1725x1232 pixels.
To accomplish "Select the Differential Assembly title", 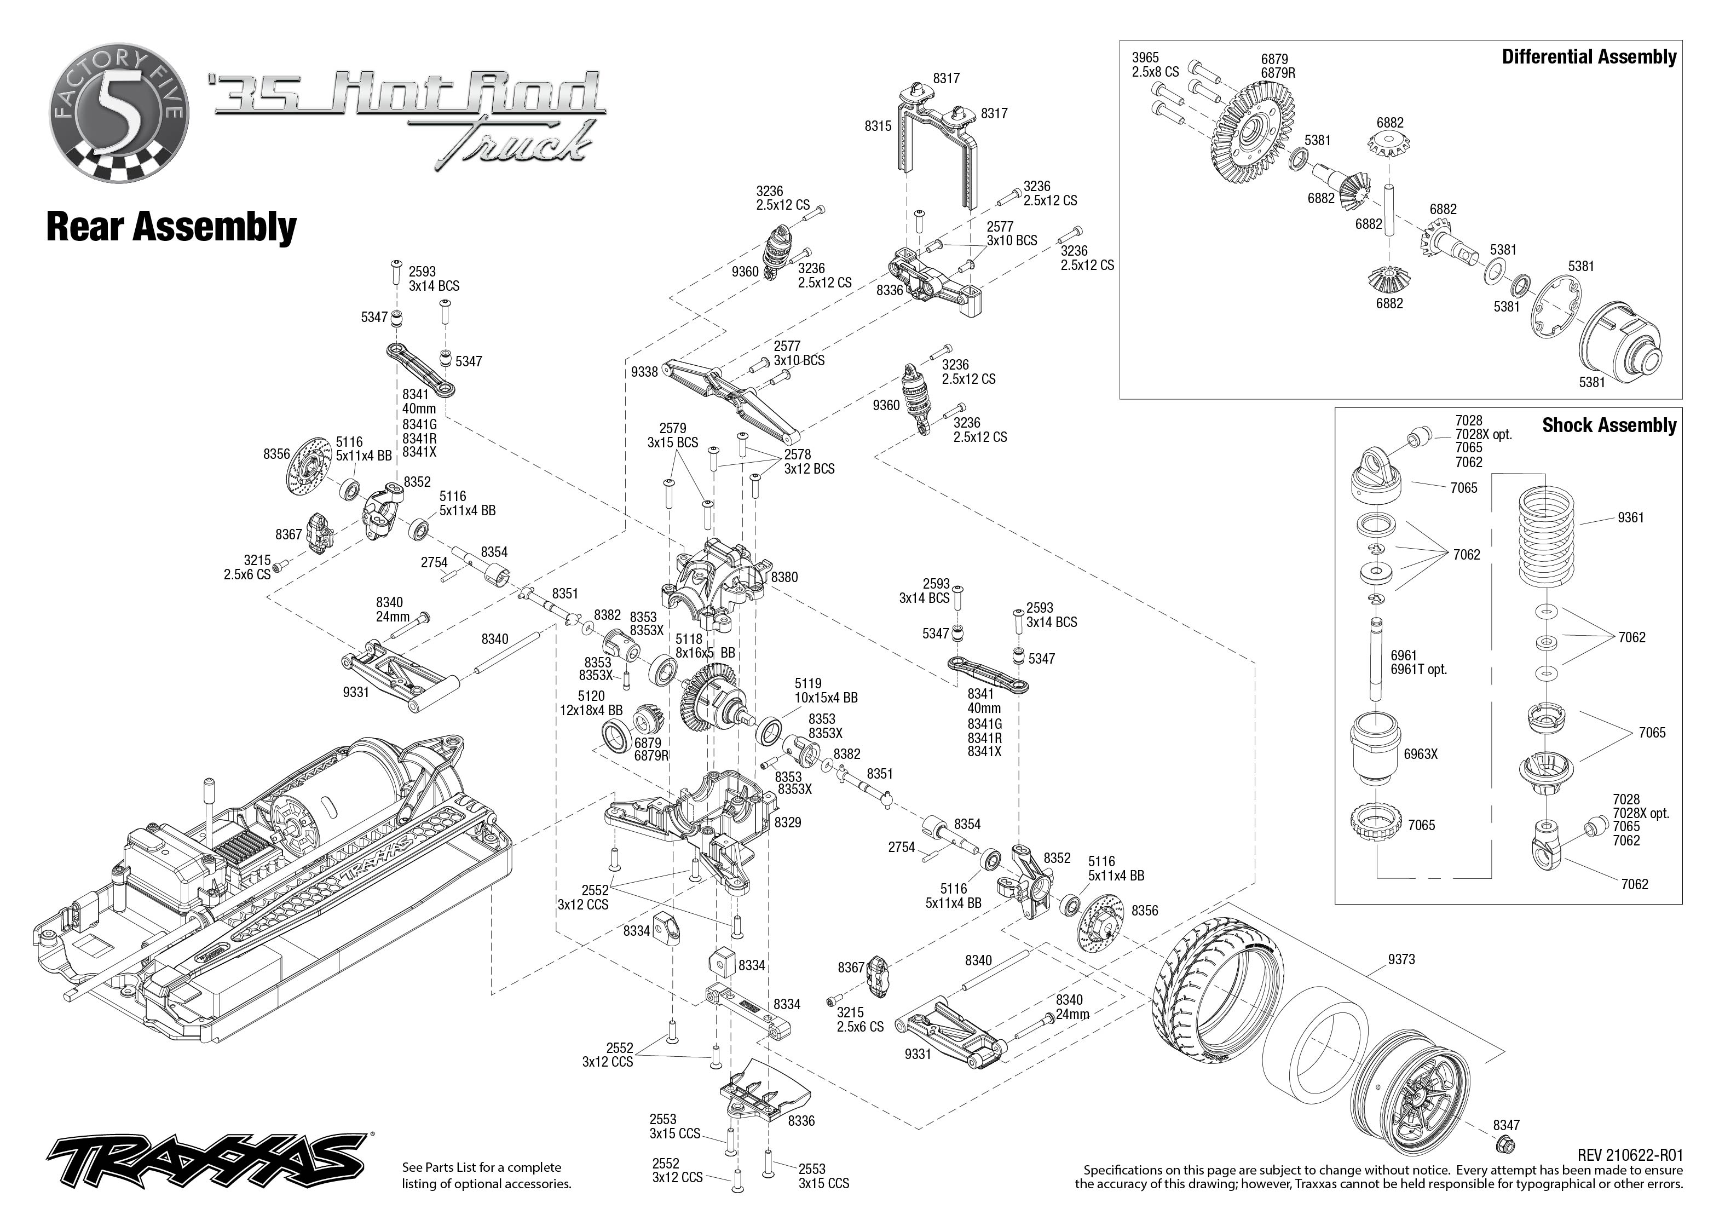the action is tap(1589, 57).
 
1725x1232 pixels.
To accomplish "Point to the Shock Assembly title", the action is tap(1609, 425).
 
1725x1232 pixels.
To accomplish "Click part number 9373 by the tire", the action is tap(1401, 959).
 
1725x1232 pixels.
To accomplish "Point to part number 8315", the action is tap(878, 126).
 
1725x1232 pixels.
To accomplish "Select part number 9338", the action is tap(644, 372).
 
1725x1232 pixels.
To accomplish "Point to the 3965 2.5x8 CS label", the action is tap(1155, 65).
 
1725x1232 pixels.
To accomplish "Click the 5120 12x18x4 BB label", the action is tap(591, 703).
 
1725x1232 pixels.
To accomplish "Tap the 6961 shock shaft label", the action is tap(1404, 655).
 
